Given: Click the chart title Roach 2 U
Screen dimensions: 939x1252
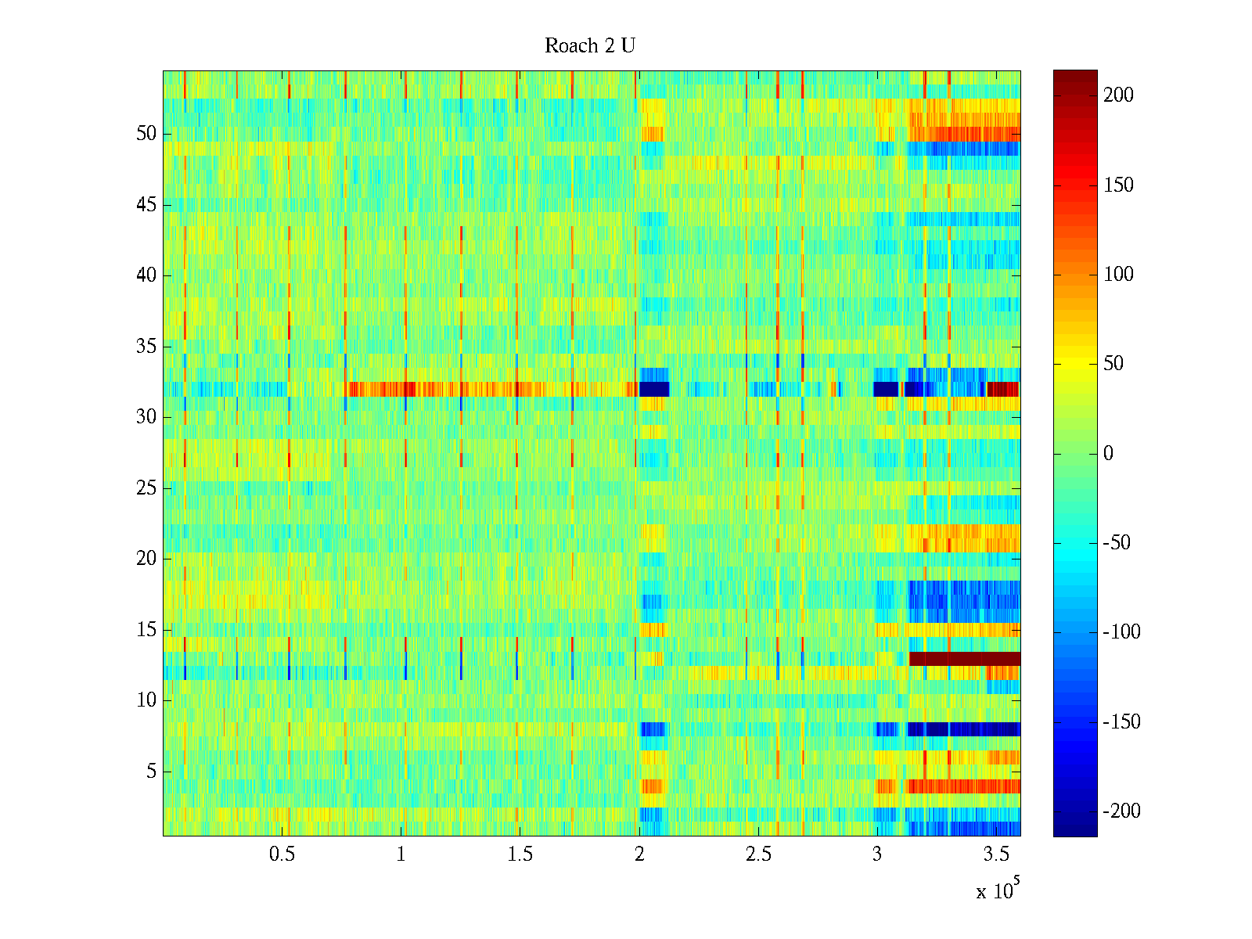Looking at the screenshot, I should [589, 46].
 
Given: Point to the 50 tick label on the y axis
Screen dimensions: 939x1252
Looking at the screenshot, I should [146, 134].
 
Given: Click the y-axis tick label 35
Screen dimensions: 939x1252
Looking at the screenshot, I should [146, 347].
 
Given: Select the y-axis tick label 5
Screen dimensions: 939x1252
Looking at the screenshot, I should [151, 772].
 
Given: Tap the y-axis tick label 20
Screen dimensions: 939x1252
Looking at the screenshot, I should [146, 559].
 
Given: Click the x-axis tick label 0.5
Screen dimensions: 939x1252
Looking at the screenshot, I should [282, 854].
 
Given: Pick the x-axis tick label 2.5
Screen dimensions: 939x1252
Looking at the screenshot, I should [758, 854].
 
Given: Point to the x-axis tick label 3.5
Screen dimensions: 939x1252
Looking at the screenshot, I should [996, 854].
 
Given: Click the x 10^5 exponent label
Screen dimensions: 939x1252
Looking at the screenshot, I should [997, 890].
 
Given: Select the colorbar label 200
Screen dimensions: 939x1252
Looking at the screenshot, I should [1117, 95].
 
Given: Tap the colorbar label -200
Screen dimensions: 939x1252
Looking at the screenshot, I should [1121, 811].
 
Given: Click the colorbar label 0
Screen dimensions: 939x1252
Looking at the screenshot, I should [1107, 454].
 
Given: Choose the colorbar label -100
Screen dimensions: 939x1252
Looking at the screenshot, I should [1121, 632].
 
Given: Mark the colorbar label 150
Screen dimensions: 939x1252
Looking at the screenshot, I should [1117, 185].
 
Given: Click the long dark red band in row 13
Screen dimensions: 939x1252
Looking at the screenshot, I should [964, 659].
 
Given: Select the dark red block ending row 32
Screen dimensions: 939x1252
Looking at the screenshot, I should [1003, 389].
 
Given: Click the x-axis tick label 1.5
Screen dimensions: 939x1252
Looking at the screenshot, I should [520, 854].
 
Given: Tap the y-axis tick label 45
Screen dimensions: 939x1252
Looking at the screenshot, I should [146, 205].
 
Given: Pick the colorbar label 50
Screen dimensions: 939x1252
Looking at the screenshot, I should [1113, 364].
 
